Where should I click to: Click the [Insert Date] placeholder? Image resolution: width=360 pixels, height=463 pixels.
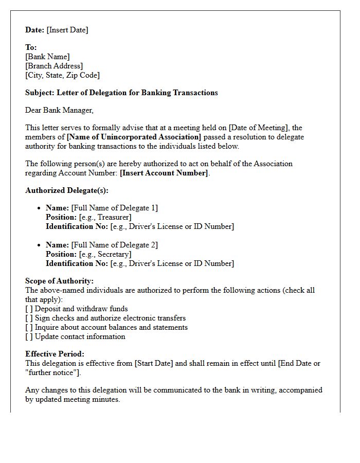pos(67,30)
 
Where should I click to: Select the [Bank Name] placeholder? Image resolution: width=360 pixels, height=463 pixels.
pos(47,57)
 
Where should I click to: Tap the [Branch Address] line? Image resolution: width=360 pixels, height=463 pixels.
pos(54,66)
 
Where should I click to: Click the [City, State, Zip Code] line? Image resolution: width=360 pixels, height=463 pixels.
pos(62,75)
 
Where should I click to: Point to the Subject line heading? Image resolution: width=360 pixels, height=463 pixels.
pos(121,93)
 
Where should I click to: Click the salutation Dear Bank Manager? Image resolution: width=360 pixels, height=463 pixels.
pos(59,110)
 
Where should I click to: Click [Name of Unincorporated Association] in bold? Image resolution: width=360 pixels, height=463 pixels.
pos(134,137)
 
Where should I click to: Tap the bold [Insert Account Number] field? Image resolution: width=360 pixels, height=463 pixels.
pos(164,173)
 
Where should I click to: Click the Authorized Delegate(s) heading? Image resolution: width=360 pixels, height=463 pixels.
pos(67,190)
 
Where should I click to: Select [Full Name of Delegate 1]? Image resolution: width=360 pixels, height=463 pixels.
pos(114,208)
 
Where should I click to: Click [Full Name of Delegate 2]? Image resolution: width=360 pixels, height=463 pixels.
pos(114,245)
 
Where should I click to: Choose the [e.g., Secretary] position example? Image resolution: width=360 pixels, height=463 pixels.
pos(105,254)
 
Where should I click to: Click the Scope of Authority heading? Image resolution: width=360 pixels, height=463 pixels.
pos(59,281)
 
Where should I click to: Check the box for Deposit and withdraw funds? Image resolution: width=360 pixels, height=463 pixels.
pos(29,309)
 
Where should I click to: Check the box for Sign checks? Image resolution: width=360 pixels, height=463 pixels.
pos(29,318)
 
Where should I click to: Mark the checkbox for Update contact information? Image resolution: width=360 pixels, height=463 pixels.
pos(29,336)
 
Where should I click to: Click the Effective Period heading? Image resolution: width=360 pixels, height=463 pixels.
pos(55,354)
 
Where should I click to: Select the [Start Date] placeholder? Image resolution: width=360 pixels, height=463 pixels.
pos(154,363)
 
